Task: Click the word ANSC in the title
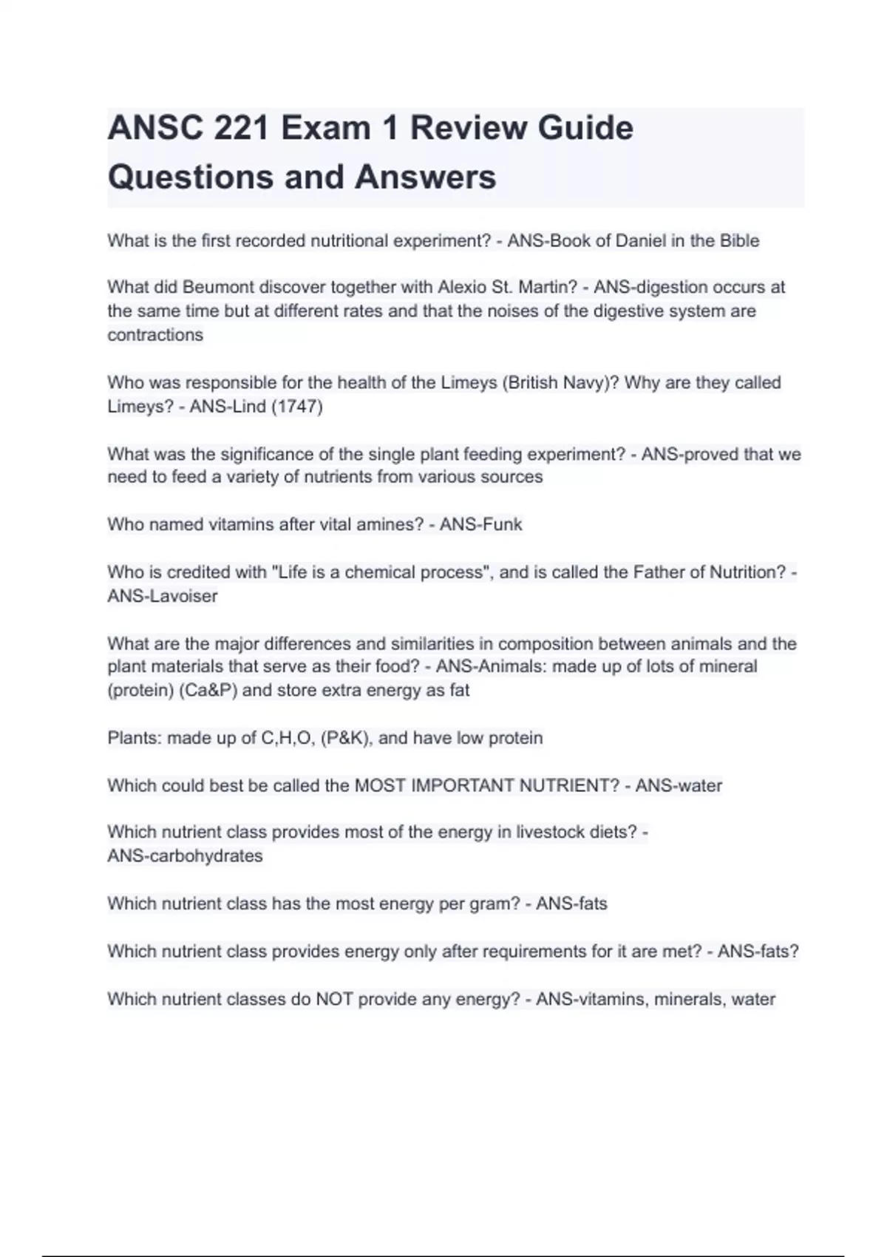click(156, 128)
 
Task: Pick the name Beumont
click(218, 287)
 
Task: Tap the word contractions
click(155, 335)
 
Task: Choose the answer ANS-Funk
click(480, 525)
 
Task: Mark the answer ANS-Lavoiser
click(163, 596)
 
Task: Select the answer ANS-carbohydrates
click(185, 856)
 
